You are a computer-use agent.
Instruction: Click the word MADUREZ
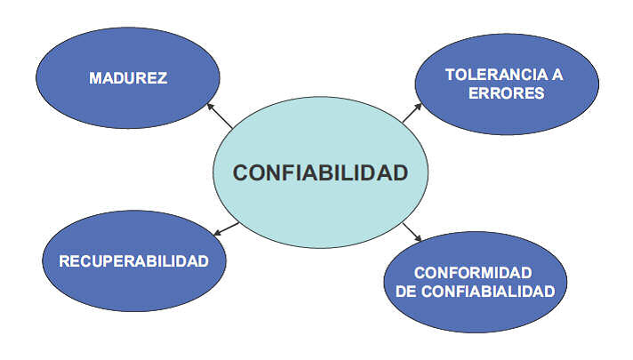tap(128, 78)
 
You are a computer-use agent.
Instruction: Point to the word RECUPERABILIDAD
tap(133, 261)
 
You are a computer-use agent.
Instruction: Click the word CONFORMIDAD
tap(472, 272)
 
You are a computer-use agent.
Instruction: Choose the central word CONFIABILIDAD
tap(320, 172)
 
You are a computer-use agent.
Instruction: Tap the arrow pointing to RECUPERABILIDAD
tap(227, 228)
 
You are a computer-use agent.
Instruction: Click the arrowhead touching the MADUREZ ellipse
tap(210, 107)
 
